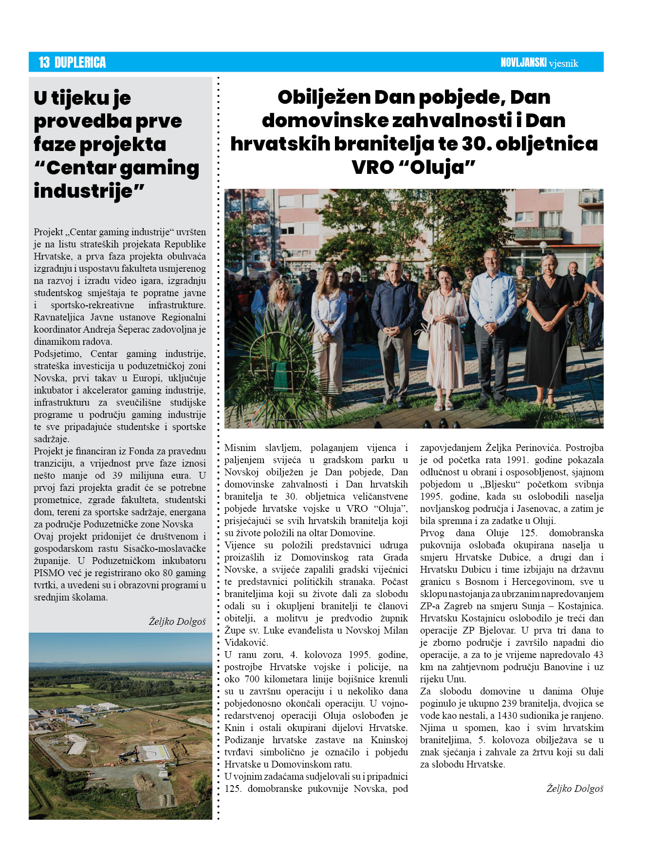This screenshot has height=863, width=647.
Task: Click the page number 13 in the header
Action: coord(44,62)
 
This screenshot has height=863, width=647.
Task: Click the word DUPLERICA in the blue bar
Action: coord(80,62)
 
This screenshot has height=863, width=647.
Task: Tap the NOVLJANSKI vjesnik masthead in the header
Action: coord(539,63)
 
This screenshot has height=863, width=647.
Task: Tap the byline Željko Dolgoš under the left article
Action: coord(177,621)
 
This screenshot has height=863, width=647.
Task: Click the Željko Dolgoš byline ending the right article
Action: coord(574,788)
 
